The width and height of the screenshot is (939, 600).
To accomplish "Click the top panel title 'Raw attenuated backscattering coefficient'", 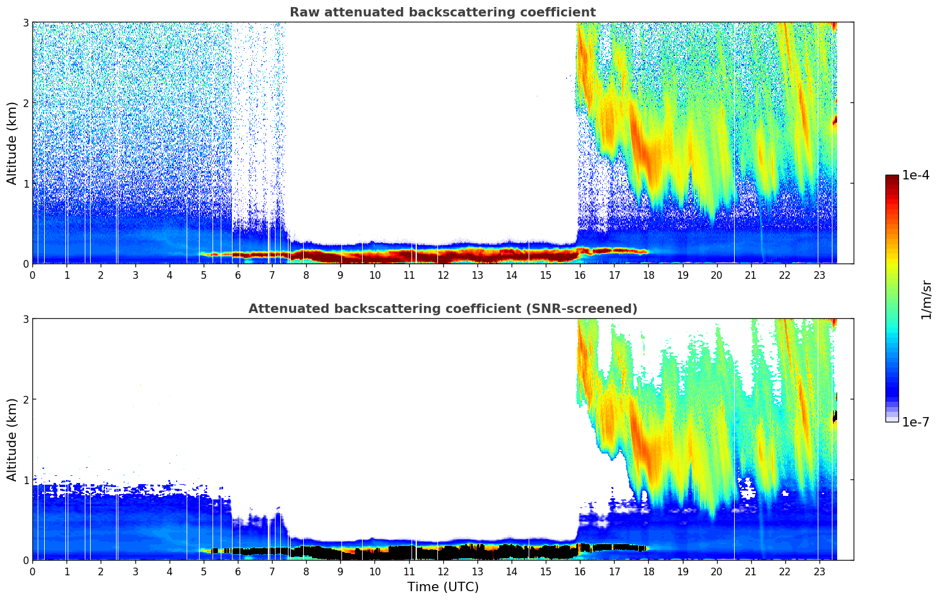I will point(442,12).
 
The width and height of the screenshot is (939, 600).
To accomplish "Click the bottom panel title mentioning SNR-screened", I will point(442,309).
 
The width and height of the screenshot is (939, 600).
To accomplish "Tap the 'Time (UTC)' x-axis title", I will point(443,586).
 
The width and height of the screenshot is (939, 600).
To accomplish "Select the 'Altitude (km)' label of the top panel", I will point(12,143).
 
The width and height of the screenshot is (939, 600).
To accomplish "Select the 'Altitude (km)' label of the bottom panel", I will point(12,439).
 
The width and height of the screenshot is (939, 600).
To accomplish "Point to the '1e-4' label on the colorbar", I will point(915,175).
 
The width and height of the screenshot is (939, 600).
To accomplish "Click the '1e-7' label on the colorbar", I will point(915,422).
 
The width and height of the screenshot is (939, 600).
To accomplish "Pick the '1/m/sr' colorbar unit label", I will point(926,300).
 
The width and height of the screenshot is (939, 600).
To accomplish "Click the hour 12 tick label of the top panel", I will point(443,275).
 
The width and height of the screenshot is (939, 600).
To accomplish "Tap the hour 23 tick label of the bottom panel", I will point(819,571).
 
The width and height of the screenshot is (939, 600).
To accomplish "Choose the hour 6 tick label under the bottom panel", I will point(238,571).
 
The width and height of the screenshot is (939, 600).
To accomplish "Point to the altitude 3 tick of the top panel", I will point(26,22).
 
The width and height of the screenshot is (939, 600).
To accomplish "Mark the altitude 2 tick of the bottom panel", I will point(26,399).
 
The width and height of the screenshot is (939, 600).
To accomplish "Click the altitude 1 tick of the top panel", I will point(26,184).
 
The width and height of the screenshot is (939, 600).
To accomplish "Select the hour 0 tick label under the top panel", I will point(32,275).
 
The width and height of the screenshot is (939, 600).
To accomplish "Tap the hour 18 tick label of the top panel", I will point(648,275).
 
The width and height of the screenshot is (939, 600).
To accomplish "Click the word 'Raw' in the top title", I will point(302,12).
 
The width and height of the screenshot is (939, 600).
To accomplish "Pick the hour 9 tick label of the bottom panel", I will point(340,571).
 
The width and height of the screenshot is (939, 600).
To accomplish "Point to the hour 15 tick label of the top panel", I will point(546,275).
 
